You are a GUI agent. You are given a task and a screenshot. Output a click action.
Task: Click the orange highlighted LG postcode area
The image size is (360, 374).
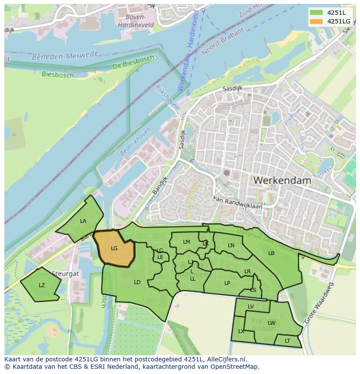click(x=115, y=248)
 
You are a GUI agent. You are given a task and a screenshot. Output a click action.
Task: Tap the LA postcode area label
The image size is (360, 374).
click(x=83, y=221)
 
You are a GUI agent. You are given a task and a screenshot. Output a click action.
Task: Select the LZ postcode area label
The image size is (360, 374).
click(x=42, y=285)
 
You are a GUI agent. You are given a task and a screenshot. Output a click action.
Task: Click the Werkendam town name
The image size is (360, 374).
click(x=282, y=180)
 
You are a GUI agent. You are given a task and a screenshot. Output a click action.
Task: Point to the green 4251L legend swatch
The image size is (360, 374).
click(x=316, y=13)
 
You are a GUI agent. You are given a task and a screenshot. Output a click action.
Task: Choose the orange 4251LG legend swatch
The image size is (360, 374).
click(x=316, y=21)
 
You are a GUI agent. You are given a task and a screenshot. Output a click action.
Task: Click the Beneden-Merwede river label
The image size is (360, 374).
click(x=65, y=56)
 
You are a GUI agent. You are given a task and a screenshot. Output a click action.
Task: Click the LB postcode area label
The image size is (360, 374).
click(x=271, y=253)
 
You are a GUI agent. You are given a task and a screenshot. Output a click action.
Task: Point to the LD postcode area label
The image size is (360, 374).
click(x=137, y=282)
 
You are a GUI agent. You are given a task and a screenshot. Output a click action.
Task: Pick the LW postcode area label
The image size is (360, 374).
click(x=272, y=323)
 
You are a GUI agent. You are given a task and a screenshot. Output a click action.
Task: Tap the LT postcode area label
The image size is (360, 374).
click(x=287, y=341)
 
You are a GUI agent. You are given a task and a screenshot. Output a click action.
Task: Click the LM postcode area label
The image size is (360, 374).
click(x=187, y=242)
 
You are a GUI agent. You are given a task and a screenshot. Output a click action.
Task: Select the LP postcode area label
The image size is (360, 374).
click(x=227, y=283)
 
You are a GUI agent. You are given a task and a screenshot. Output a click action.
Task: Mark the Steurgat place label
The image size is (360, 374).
click(x=65, y=274)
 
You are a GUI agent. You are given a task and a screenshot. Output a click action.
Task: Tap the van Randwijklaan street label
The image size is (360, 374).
click(x=237, y=202)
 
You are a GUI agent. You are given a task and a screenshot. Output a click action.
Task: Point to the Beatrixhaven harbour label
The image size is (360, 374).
click(x=136, y=141)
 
